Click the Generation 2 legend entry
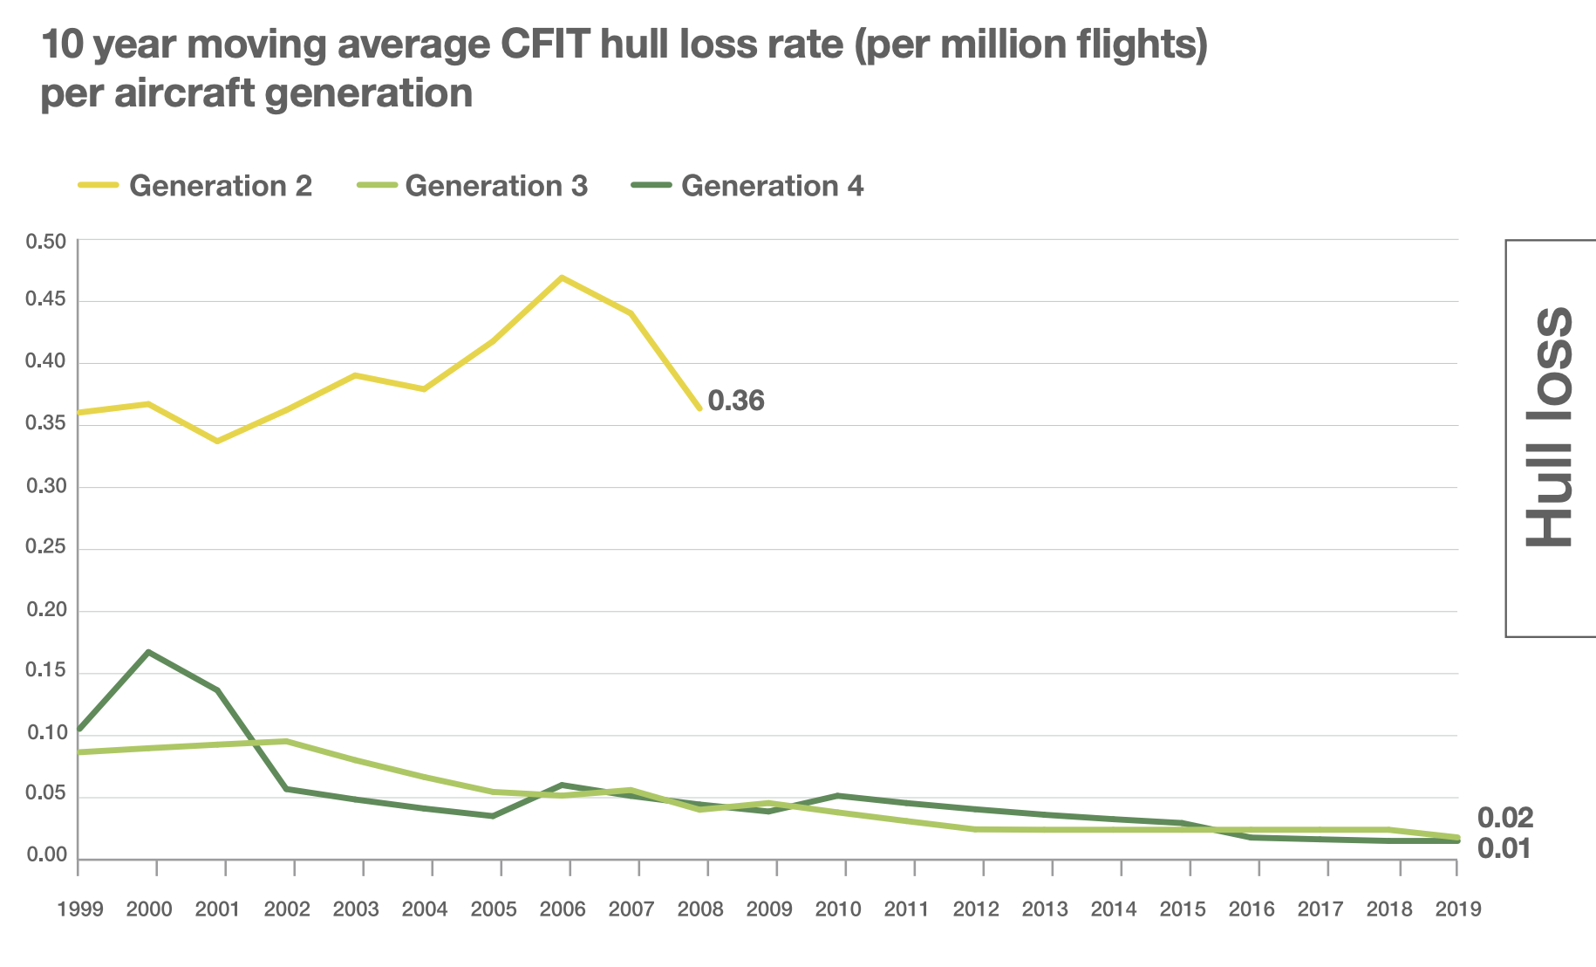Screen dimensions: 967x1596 click(195, 186)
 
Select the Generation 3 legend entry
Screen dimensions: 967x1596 click(472, 186)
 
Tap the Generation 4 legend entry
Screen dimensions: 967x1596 click(747, 186)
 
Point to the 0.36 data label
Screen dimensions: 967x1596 click(736, 401)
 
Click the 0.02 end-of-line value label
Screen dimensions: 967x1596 click(1504, 818)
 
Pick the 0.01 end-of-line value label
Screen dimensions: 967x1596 click(1504, 848)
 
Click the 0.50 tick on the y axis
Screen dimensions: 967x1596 click(46, 242)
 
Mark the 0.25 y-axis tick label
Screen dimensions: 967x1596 click(46, 547)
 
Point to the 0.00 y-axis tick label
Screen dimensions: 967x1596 click(46, 855)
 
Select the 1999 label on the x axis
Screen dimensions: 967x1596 click(80, 909)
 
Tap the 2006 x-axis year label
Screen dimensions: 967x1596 click(563, 909)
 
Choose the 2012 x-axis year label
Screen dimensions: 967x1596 click(976, 909)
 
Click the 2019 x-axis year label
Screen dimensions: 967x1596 click(1458, 909)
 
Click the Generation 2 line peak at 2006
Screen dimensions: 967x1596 click(563, 278)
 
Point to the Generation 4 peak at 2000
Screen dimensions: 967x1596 click(149, 652)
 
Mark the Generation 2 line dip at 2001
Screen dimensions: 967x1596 click(217, 442)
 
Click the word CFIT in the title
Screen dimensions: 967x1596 click(546, 45)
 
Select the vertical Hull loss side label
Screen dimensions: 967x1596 click(1549, 428)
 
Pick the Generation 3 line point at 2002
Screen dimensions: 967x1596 click(287, 741)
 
